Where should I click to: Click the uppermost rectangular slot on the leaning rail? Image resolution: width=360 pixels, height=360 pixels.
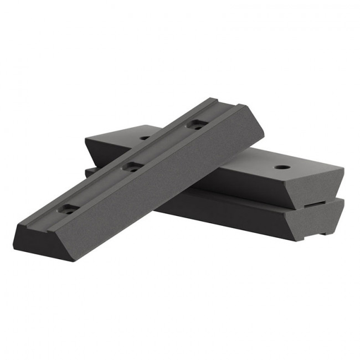pyautogui.click(x=197, y=125)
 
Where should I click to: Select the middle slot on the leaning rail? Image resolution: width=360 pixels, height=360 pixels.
pyautogui.click(x=132, y=166)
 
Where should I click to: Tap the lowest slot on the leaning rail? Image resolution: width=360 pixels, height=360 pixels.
pyautogui.click(x=69, y=209)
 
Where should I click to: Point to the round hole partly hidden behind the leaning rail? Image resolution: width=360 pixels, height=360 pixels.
pyautogui.click(x=145, y=137)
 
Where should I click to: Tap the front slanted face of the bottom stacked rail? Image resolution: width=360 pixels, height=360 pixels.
pyautogui.click(x=238, y=213)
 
